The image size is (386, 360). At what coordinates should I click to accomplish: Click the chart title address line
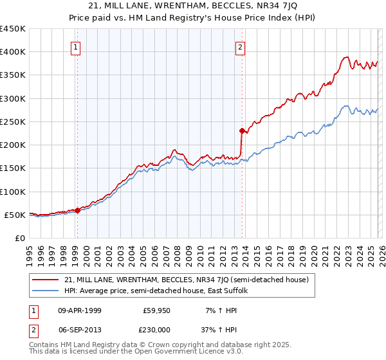click(x=192, y=6)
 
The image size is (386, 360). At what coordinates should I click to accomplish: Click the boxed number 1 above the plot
click(x=76, y=46)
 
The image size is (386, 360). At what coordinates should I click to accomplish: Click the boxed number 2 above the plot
click(x=240, y=46)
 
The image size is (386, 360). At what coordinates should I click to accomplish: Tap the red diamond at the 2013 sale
click(x=242, y=131)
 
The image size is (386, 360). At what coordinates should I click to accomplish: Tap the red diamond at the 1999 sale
click(x=77, y=210)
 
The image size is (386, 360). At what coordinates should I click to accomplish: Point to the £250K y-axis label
click(x=13, y=122)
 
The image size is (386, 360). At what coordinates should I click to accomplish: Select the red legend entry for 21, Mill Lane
click(x=187, y=280)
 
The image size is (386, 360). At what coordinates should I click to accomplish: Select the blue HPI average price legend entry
click(x=160, y=291)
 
